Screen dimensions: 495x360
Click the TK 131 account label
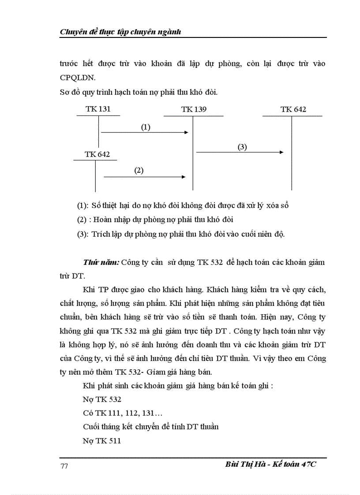[x=98, y=109]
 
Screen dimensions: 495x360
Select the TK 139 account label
[x=194, y=109]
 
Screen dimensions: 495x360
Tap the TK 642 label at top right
[x=293, y=109]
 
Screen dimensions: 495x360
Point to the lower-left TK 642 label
[x=97, y=154]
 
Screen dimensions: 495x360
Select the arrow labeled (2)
[x=144, y=177]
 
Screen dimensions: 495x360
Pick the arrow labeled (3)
[x=240, y=152]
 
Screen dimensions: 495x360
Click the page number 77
[x=64, y=467]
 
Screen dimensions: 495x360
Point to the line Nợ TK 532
[x=102, y=399]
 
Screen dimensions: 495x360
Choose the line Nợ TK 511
[x=101, y=440]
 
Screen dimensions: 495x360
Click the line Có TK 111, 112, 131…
[x=116, y=413]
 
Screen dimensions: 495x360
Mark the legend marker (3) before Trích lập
[x=82, y=234]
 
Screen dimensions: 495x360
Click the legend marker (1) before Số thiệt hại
[x=82, y=205]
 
